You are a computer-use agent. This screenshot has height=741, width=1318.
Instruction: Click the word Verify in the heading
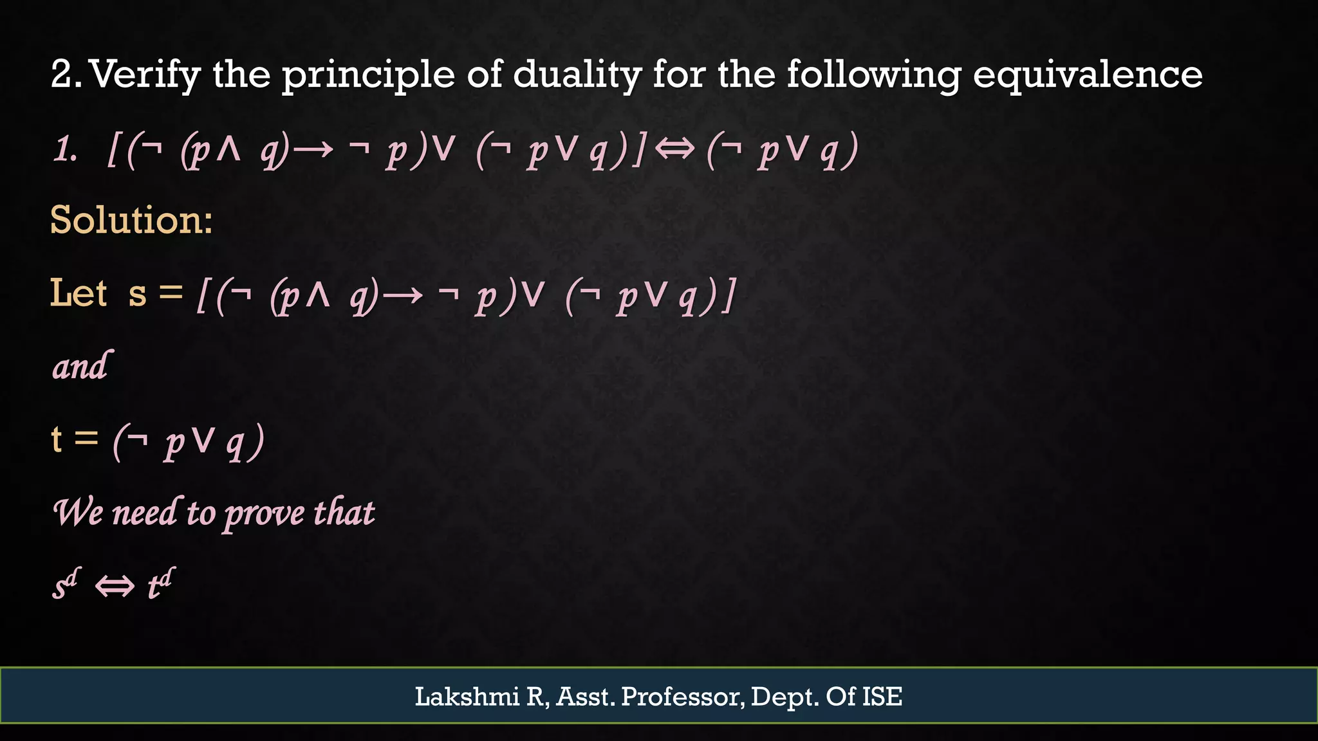coord(145,75)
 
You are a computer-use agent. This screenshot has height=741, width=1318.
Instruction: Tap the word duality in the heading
coord(577,75)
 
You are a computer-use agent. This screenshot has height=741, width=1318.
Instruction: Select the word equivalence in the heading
coord(1087,75)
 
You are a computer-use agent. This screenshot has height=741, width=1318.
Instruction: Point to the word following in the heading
coord(873,75)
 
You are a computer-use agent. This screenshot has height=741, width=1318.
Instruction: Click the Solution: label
coord(131,220)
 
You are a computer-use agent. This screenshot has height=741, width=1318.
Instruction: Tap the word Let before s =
coord(79,293)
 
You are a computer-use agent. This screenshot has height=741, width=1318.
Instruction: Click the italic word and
coord(81,367)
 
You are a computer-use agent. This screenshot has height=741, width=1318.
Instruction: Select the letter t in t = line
coord(57,440)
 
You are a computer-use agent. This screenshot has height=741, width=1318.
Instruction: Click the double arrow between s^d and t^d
coord(115,586)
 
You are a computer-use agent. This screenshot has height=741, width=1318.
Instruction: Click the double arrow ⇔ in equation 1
coord(674,150)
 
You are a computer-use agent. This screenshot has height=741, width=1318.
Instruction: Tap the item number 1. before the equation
coord(65,151)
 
